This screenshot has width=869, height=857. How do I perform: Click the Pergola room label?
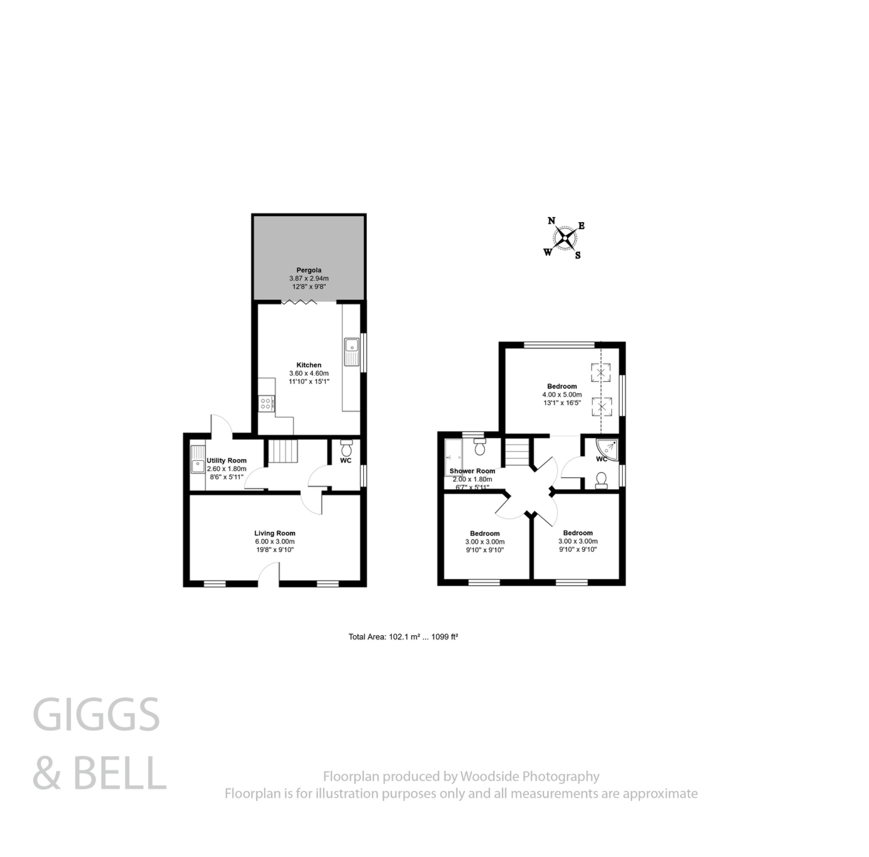(308, 270)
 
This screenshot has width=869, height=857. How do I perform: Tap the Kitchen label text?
(308, 365)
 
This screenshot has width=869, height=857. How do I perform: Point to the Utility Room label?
(226, 460)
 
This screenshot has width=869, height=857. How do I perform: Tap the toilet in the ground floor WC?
(346, 448)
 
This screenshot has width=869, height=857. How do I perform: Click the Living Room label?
(275, 533)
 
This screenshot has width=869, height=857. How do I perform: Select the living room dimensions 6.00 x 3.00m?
(275, 541)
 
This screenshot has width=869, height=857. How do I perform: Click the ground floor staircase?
(283, 451)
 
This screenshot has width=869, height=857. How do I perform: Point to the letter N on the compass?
(552, 220)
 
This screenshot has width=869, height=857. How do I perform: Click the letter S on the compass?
(578, 256)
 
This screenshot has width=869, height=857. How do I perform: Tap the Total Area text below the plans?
(403, 637)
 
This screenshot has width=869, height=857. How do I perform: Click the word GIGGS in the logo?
(96, 715)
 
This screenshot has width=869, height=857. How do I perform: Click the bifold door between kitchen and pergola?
(299, 302)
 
